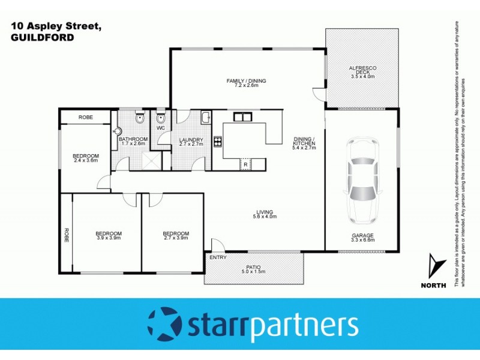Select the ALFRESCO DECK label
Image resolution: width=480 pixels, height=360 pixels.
(362, 70)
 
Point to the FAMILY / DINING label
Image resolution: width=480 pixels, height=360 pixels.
(246, 81)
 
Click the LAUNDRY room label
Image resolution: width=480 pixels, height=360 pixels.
(191, 140)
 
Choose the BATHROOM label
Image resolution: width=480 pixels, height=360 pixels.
(133, 139)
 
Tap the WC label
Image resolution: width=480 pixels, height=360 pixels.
(160, 128)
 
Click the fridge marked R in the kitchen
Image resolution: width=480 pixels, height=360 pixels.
(245, 163)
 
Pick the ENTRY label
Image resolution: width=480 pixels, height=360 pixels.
(217, 257)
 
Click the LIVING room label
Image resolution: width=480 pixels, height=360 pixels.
(265, 212)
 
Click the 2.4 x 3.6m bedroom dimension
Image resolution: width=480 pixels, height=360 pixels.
(86, 161)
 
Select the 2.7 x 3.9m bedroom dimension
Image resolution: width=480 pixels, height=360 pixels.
(176, 238)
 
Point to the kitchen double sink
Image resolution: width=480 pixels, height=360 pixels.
(242, 117)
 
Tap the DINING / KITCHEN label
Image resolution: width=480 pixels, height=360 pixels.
(304, 142)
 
